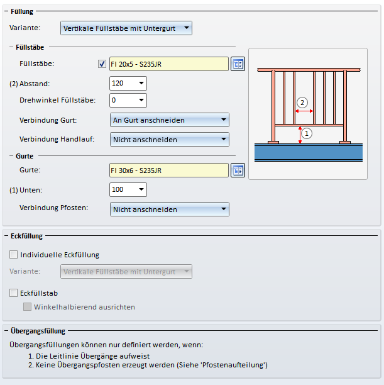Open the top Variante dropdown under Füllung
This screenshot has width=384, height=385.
pyautogui.click(x=126, y=28)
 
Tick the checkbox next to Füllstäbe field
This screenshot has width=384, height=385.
pyautogui.click(x=102, y=64)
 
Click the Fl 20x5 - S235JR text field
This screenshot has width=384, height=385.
pyautogui.click(x=168, y=64)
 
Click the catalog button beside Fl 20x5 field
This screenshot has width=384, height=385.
pyautogui.click(x=237, y=64)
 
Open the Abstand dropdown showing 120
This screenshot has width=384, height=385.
pyautogui.click(x=128, y=83)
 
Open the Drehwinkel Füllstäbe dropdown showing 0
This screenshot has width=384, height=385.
pyautogui.click(x=128, y=100)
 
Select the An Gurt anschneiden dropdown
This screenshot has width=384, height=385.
pyautogui.click(x=169, y=120)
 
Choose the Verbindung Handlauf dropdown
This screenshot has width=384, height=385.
pyautogui.click(x=169, y=139)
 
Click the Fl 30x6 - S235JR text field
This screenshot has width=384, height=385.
pyautogui.click(x=168, y=170)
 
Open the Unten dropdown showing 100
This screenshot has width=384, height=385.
pyautogui.click(x=128, y=189)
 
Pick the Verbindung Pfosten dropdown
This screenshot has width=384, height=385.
pyautogui.click(x=169, y=209)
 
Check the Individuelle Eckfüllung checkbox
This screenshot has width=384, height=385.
pyautogui.click(x=14, y=255)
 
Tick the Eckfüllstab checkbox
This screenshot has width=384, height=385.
pyautogui.click(x=14, y=293)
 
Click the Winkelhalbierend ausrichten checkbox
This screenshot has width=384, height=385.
pyautogui.click(x=27, y=307)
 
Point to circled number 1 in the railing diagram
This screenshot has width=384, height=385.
pyautogui.click(x=307, y=133)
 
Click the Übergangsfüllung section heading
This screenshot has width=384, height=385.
pyautogui.click(x=38, y=331)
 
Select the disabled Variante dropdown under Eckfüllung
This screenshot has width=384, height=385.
pyautogui.click(x=126, y=271)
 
